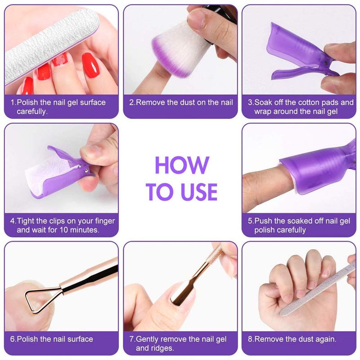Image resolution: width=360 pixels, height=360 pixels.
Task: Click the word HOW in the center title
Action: click(182, 165)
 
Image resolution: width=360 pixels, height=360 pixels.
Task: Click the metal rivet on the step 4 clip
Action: click(86, 170)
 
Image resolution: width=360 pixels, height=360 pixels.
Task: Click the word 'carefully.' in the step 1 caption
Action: click(32, 112)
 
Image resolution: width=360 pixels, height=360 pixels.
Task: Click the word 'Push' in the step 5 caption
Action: click(263, 221)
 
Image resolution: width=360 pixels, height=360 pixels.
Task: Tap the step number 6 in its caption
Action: click(13, 339)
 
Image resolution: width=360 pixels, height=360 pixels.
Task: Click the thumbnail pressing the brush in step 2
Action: click(196, 19)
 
